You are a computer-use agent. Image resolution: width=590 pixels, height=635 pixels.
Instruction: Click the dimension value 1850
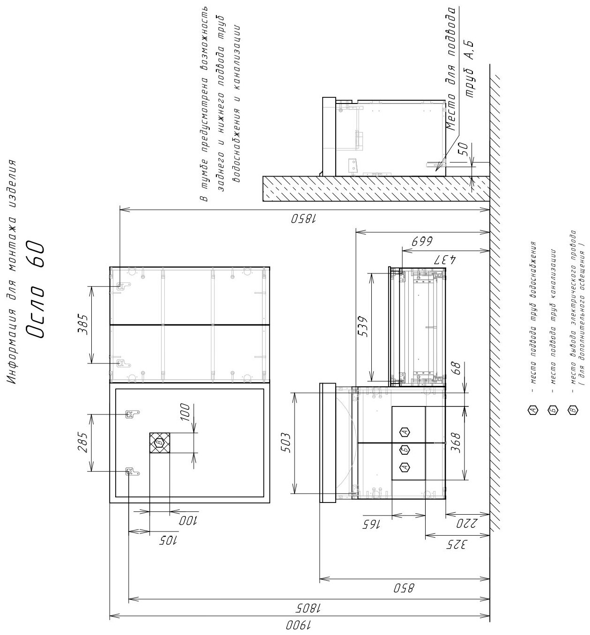[304, 219]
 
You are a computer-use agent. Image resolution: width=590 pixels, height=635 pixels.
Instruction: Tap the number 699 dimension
[422, 241]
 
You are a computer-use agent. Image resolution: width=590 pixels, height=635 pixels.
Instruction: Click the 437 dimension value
[445, 259]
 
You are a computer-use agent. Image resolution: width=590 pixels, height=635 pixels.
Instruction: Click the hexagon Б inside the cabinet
[405, 450]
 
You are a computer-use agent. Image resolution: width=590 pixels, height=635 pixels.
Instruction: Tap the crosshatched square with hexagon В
[160, 443]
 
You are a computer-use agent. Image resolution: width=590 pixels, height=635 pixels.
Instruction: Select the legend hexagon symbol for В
[573, 410]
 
